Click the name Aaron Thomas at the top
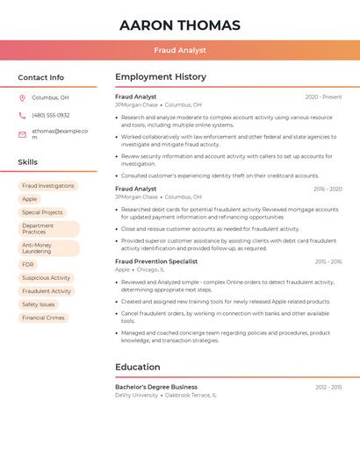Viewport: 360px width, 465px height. point(180,25)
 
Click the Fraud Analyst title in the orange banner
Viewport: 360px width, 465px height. point(180,50)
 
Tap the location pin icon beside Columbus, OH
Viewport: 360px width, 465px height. point(22,98)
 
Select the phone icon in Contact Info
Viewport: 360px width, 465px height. point(22,115)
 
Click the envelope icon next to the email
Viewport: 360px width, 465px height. point(22,134)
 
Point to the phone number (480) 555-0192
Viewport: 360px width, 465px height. point(50,115)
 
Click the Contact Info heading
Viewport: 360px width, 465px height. point(41,77)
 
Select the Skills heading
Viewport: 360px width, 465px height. point(28,162)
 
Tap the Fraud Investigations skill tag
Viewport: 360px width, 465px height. point(48,186)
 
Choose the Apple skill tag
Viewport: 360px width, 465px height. point(30,199)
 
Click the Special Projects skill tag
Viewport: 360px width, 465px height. point(42,212)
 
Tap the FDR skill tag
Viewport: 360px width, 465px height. point(28,264)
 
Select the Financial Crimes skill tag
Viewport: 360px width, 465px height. point(44,318)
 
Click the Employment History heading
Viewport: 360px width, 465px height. point(161,77)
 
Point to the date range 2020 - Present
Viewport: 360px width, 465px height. point(323,97)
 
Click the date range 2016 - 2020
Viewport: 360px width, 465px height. point(328,189)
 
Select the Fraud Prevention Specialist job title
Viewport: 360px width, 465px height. point(156,261)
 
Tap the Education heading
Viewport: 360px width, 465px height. point(138,367)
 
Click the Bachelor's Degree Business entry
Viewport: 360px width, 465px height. point(156,387)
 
